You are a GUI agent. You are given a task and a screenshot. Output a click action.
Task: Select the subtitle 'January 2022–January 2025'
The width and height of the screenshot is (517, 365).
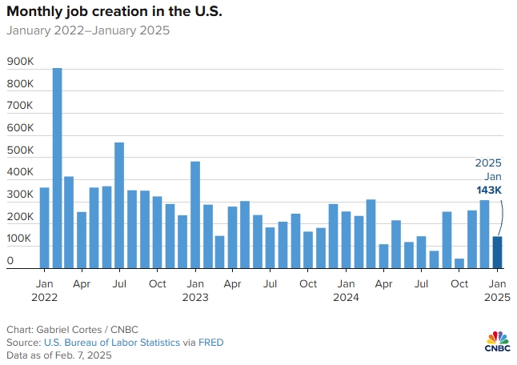point(88,31)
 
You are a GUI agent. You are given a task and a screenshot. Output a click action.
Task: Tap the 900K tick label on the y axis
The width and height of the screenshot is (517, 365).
point(20,62)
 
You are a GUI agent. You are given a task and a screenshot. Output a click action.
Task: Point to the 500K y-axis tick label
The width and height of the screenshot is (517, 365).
point(20,150)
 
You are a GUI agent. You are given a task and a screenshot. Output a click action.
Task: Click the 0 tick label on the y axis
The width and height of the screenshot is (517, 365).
point(10,261)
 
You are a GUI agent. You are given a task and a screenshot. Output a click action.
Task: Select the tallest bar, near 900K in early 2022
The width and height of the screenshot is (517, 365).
point(57,168)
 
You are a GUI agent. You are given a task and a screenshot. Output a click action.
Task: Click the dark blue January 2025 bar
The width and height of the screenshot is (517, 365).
point(497,252)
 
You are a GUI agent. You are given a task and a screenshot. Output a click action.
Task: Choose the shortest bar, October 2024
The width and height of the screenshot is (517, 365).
point(459,263)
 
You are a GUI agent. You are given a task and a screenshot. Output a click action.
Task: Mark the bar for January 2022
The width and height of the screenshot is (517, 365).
point(44,228)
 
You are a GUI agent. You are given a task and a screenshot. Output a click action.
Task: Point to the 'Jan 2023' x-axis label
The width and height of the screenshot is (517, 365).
point(194,290)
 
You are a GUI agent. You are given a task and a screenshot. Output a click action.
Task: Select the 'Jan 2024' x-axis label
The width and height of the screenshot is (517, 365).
point(346,290)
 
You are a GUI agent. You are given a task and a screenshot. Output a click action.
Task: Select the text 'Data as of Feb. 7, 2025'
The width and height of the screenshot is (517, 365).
point(59,355)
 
